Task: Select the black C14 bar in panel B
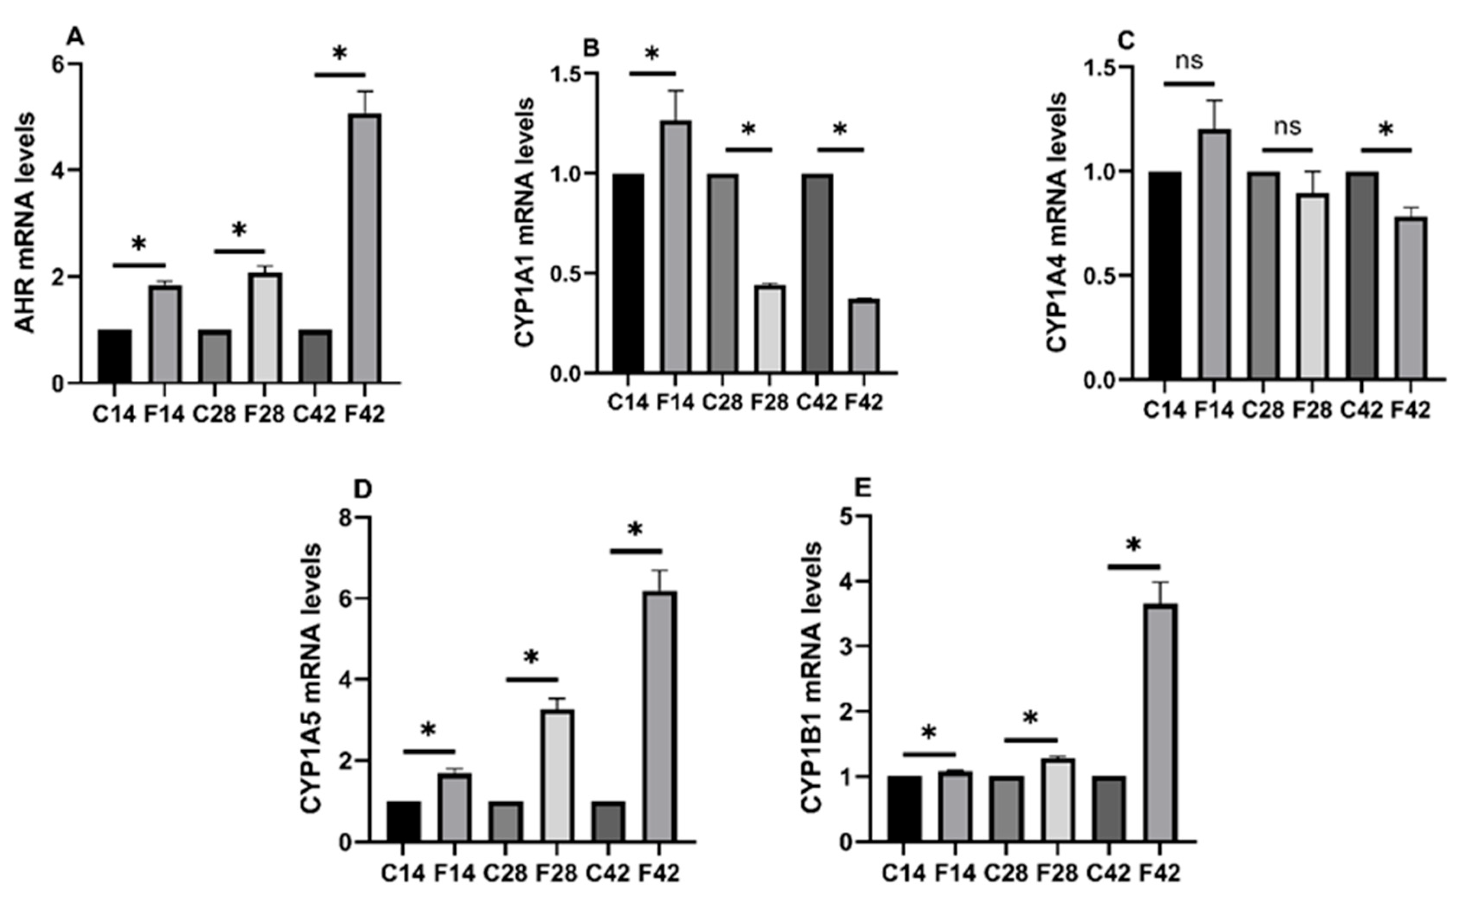629,274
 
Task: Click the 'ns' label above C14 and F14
1189,61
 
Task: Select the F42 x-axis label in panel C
1410,410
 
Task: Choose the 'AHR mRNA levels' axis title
25,223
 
